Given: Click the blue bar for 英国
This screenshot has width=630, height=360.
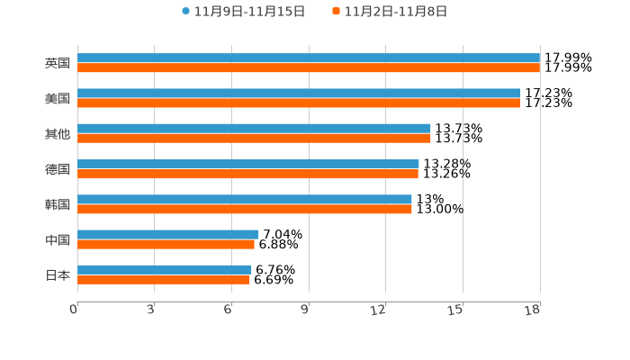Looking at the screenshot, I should point(309,58).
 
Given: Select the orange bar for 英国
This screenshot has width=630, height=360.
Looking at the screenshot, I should point(309,68).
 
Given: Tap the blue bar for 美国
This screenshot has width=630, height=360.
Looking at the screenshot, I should point(299,94).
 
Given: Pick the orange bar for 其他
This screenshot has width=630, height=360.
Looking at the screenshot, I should point(254,139).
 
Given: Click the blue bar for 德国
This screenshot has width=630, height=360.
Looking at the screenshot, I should point(248,164).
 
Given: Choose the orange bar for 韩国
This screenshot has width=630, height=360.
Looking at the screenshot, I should point(245,209).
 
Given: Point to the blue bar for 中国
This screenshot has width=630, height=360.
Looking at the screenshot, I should point(168,235).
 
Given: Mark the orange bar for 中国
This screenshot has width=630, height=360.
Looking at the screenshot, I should point(166,245).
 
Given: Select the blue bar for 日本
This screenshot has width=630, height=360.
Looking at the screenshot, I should point(165,270).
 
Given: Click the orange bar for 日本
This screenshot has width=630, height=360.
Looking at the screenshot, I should point(164,280).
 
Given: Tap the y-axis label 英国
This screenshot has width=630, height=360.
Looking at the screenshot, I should point(58,64).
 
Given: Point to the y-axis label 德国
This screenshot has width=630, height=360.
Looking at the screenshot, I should point(58,169).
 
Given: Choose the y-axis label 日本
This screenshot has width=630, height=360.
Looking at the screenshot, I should point(58,275).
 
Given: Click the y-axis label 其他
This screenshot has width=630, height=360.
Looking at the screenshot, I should point(58,134).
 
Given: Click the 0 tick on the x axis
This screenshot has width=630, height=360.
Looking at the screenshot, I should point(75,310).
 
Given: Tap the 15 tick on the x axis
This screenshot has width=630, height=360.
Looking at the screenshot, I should point(456,310).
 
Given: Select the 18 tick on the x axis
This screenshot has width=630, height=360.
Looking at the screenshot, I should point(533,310).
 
